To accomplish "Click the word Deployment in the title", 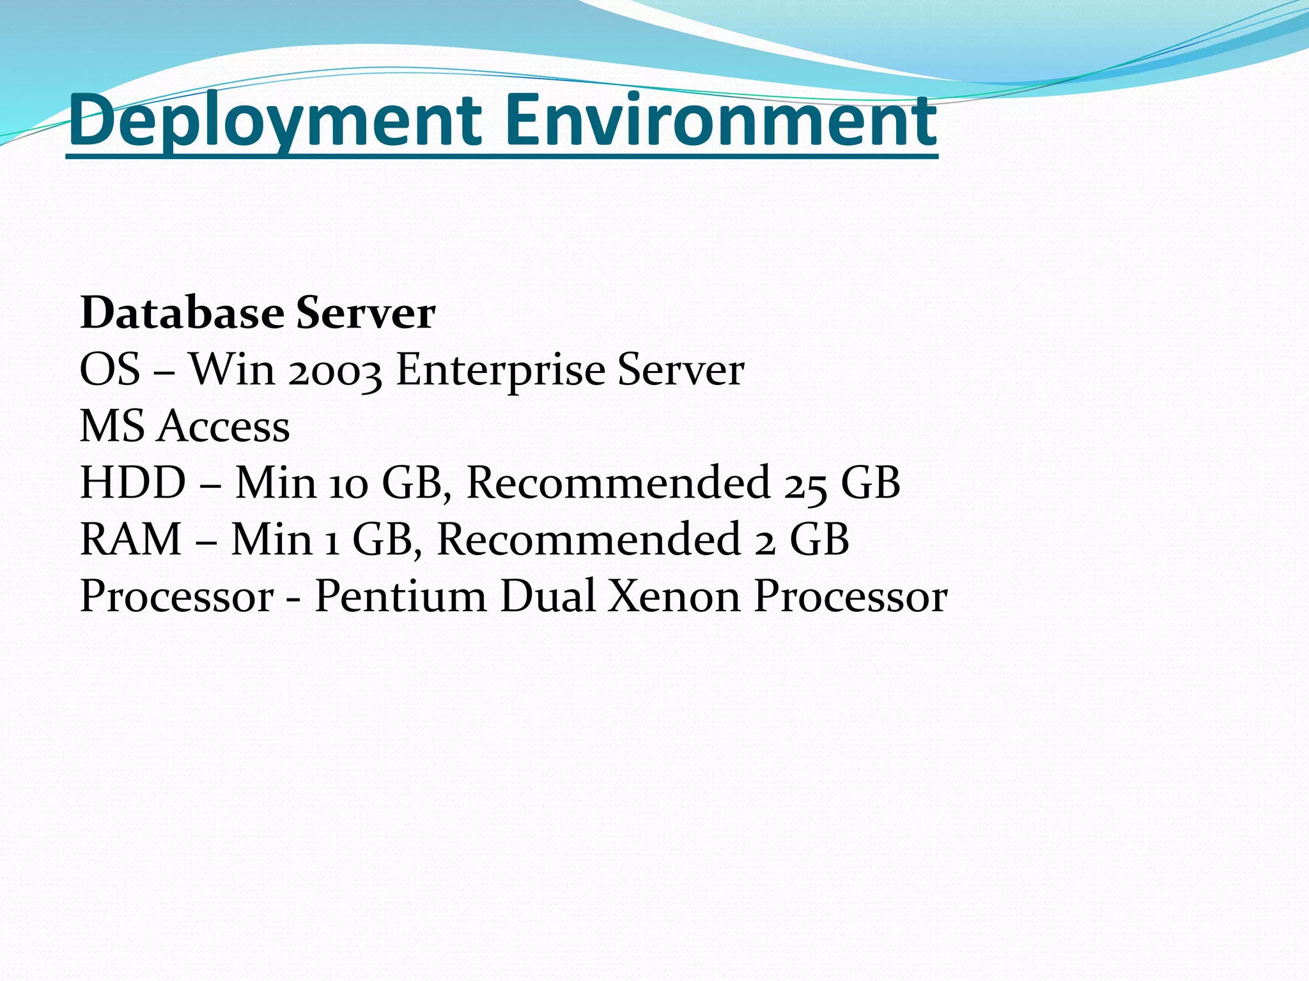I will (275, 120).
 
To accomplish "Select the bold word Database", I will (182, 313).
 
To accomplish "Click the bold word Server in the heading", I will (366, 313).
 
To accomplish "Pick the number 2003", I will (335, 370).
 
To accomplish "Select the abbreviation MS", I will (112, 426).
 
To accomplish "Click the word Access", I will (224, 426).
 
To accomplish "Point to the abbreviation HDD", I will (133, 482).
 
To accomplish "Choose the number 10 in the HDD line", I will (349, 483).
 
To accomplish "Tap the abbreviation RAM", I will (131, 539).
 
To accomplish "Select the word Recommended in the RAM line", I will (588, 539).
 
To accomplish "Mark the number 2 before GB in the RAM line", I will (765, 540).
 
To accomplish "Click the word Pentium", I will (400, 595).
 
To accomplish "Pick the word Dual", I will (548, 595).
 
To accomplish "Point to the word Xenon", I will (674, 595).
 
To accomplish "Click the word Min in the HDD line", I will (275, 482).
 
